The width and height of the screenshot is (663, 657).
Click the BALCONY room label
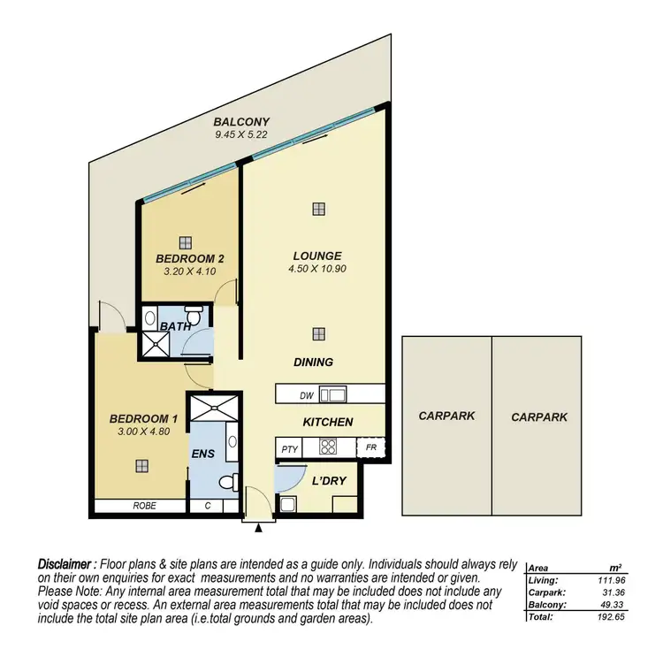click(x=241, y=122)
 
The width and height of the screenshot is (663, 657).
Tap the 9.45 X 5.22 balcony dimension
click(x=241, y=135)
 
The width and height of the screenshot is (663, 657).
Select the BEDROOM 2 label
click(x=190, y=258)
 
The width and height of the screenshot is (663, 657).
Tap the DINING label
click(x=314, y=362)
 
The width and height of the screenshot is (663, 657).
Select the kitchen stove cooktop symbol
click(x=330, y=447)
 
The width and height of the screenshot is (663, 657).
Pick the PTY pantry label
click(x=289, y=449)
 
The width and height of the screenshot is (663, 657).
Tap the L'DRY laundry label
click(x=328, y=481)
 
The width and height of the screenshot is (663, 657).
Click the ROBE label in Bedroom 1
click(x=144, y=507)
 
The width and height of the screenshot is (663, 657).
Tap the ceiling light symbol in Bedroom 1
click(x=141, y=464)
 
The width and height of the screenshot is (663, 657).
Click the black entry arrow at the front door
click(x=257, y=528)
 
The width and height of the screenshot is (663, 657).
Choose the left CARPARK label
click(x=447, y=416)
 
